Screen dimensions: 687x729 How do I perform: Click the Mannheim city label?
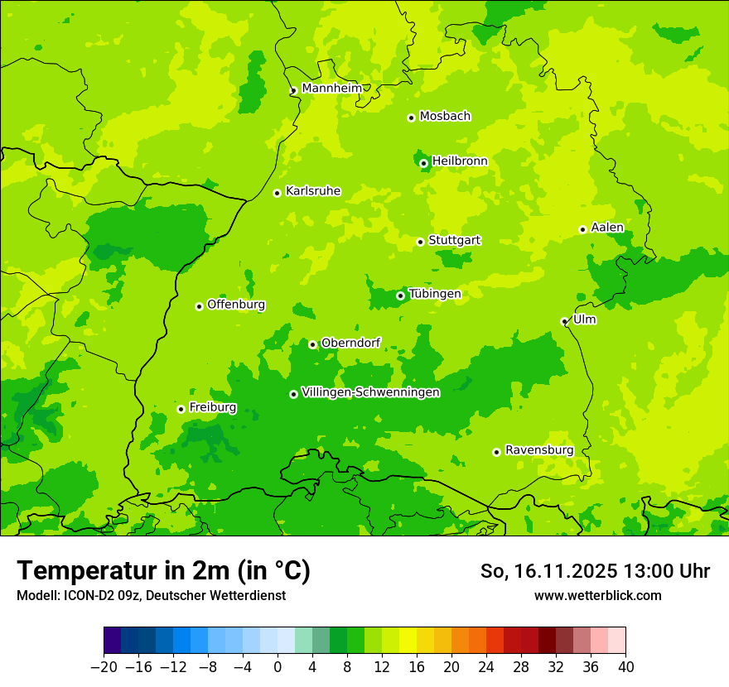[331, 89]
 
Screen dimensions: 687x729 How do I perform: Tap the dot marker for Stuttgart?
[421, 242]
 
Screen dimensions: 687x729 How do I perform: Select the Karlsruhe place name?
[312, 191]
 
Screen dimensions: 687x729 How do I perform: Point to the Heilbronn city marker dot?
[424, 163]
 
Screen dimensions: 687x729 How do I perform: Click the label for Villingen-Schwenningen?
[370, 392]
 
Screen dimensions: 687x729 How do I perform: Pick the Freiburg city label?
[212, 407]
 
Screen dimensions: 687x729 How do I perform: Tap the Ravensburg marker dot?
[497, 452]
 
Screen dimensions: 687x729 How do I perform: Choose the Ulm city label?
[584, 319]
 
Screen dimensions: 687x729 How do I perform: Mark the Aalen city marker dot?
[583, 229]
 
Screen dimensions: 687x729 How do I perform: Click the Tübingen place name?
[434, 294]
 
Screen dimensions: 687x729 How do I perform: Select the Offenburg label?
[235, 305]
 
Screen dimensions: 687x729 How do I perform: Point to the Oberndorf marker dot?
[313, 344]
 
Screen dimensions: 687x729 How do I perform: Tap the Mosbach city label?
[444, 117]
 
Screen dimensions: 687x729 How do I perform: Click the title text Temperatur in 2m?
[163, 571]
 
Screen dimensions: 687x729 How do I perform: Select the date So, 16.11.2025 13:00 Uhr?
[595, 571]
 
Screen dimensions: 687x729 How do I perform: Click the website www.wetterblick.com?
[597, 595]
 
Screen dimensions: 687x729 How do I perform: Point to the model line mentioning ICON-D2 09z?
[151, 595]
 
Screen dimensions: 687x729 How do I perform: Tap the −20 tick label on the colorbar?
[104, 667]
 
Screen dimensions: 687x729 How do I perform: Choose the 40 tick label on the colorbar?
[625, 667]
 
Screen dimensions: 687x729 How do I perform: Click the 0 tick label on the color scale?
[278, 667]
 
